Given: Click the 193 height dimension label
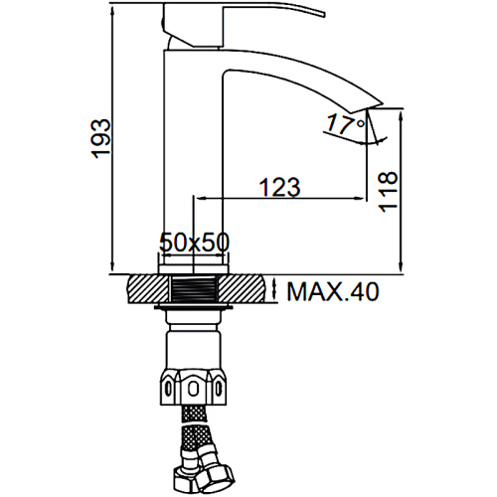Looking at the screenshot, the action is click(100, 138).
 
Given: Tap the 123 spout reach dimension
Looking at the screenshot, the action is click(279, 187).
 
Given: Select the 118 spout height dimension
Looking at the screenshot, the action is click(388, 192).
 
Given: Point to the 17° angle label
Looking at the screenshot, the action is click(346, 123).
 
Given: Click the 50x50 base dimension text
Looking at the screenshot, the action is click(194, 243).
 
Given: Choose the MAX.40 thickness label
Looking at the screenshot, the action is click(332, 292).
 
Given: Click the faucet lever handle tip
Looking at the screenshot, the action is click(323, 14).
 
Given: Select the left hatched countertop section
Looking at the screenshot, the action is click(148, 288).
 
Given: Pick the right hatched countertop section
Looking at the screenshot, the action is click(242, 288).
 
